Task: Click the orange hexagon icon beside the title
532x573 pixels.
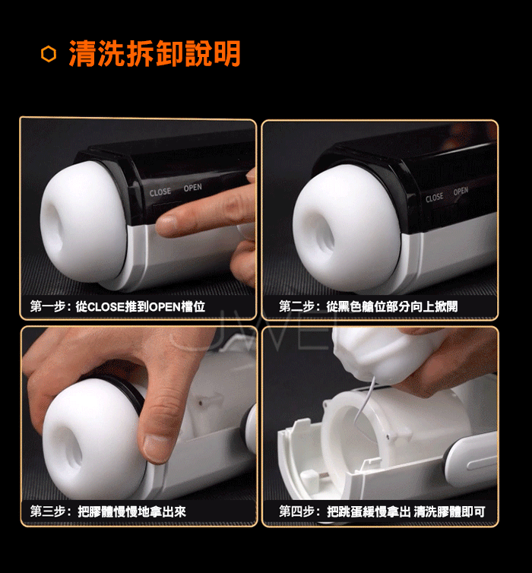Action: (49, 54)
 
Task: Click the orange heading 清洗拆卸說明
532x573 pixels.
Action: (154, 53)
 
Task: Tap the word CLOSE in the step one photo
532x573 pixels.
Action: (160, 192)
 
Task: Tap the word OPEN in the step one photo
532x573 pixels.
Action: (192, 188)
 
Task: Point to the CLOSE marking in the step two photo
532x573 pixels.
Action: (435, 198)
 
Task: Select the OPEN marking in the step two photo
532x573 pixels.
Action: (461, 191)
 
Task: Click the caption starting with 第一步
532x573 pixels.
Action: (118, 306)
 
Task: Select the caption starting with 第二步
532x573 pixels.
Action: (369, 306)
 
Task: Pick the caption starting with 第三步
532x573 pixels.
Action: (108, 511)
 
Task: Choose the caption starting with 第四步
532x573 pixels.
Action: (382, 511)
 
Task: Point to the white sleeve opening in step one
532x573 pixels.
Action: (55, 223)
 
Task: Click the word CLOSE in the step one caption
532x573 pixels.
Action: (106, 306)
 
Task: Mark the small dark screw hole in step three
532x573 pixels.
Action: (200, 403)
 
